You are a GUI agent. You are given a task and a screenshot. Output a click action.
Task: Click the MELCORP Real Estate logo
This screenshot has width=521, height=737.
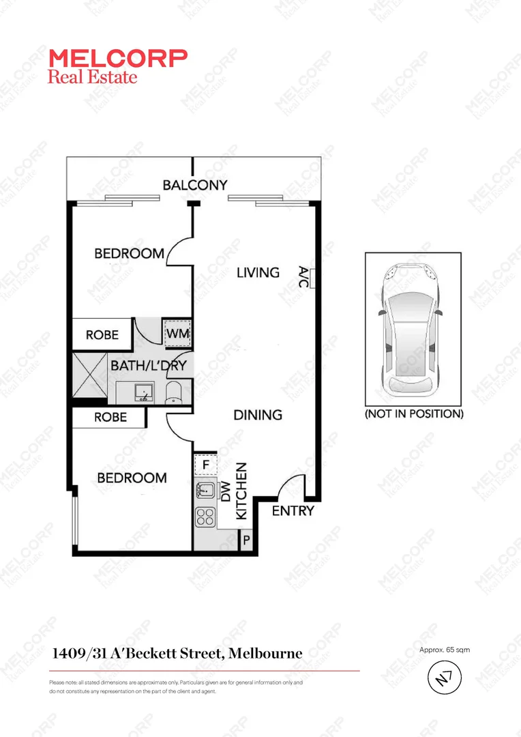point(117,66)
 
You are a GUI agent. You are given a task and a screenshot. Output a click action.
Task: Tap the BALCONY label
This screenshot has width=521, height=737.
point(194,185)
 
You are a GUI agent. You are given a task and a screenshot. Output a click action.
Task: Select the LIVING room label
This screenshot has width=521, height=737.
point(258,272)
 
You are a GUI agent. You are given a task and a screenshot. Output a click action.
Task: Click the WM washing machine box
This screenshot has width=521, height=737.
point(177,334)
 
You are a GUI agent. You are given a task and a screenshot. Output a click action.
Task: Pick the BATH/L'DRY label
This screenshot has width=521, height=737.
point(148,365)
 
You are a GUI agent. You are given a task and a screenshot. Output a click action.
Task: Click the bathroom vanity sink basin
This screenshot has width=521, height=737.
point(145,391)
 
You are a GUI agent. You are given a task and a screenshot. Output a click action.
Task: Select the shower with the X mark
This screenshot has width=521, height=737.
point(89,374)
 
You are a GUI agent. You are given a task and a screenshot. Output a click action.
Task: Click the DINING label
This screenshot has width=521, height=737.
point(258,414)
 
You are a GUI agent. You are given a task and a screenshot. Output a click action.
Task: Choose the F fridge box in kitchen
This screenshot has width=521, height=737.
point(205,465)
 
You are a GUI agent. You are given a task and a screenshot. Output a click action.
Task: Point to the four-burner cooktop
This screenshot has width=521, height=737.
point(205,517)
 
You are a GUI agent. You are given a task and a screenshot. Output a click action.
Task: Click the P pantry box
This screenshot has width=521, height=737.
point(245,540)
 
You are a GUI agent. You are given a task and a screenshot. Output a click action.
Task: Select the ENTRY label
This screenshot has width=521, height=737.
point(293,511)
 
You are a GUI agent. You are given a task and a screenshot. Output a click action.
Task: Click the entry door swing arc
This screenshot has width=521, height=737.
point(292,486)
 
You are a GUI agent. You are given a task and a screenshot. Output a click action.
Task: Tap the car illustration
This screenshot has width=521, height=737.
point(412,329)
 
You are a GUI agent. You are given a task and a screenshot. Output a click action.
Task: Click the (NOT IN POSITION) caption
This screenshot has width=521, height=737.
point(414,414)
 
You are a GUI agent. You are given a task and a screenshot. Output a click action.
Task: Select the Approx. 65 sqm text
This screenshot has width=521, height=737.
point(445,650)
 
